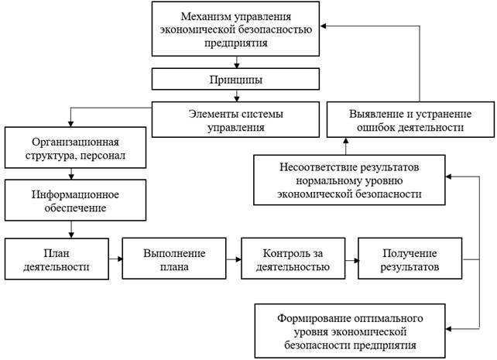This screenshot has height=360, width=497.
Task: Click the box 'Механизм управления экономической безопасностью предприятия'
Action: tap(235, 29)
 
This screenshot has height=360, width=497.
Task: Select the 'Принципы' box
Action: tap(235, 80)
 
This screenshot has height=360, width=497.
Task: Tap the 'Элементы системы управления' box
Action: tap(235, 121)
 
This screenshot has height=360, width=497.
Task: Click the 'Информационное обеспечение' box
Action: tap(72, 199)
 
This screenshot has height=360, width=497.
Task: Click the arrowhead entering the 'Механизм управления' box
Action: tap(325, 26)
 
